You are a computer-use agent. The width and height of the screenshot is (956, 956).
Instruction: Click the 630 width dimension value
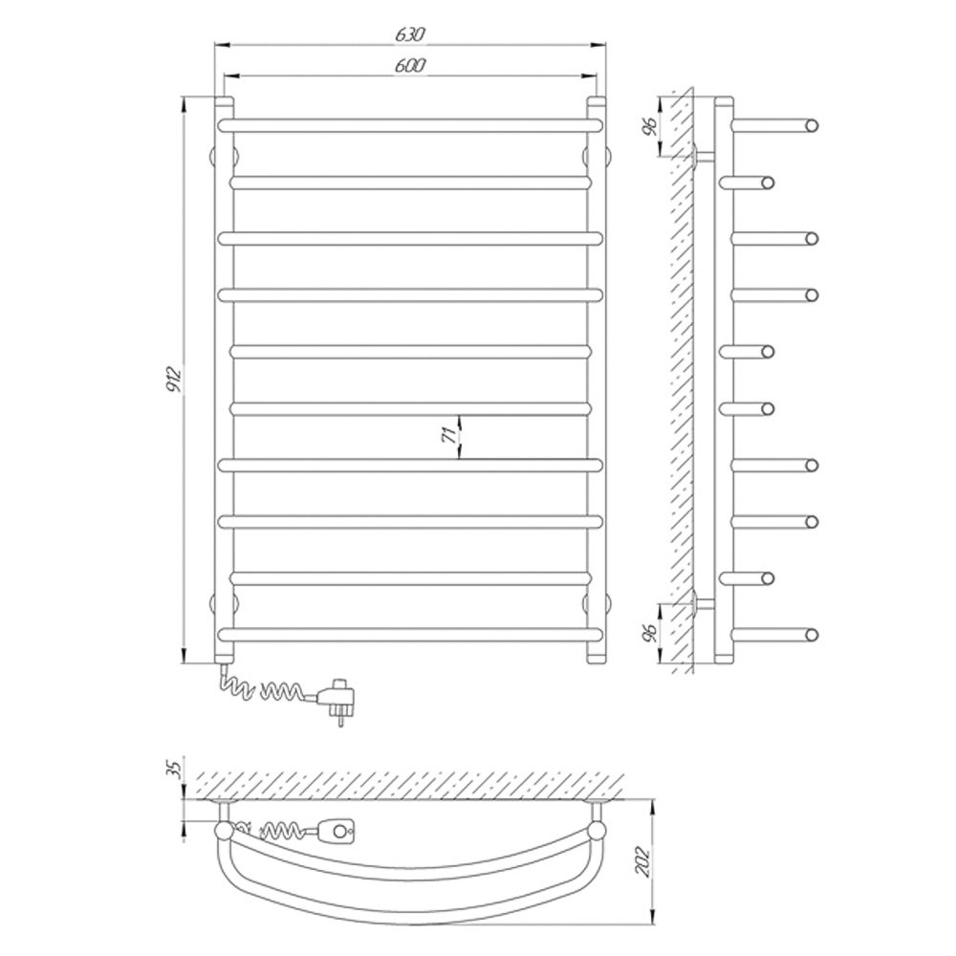[410, 34]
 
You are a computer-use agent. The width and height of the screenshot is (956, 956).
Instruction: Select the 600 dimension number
[410, 65]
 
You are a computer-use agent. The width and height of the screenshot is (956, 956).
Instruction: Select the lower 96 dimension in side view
[651, 634]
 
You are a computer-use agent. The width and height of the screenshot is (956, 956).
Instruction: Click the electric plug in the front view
[337, 699]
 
